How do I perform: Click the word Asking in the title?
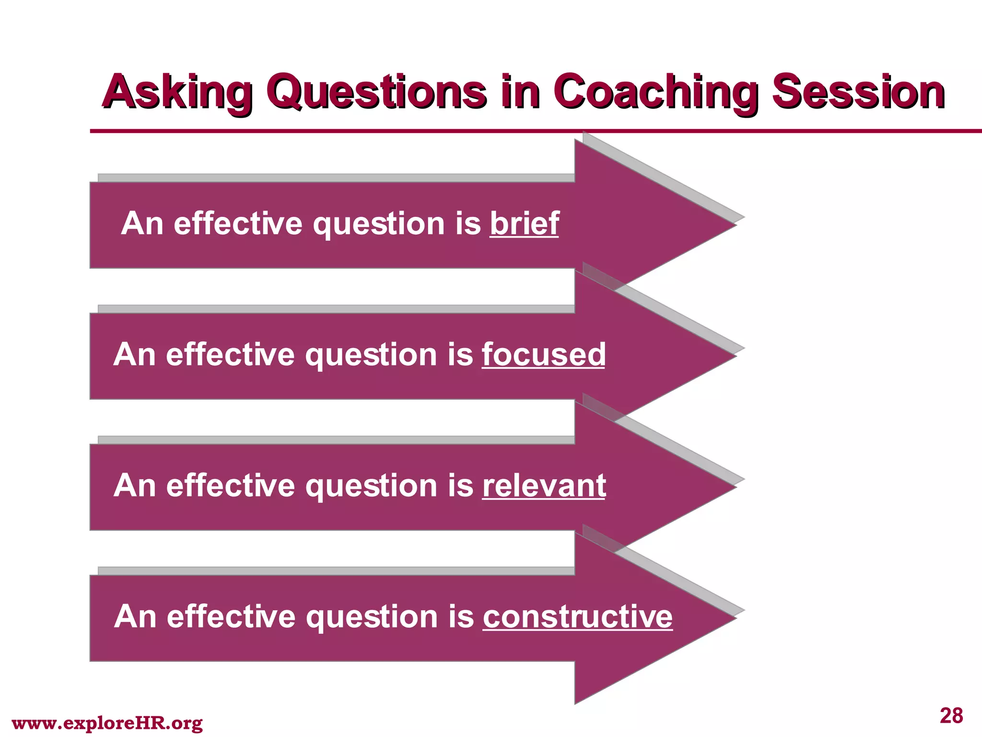click(176, 92)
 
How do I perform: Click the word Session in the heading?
click(858, 92)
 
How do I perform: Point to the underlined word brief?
click(524, 224)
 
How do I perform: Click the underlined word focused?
click(544, 355)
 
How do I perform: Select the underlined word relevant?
click(544, 486)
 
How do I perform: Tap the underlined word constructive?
click(577, 617)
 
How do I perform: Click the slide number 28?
click(951, 715)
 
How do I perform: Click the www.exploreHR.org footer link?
click(107, 723)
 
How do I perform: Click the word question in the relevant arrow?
click(372, 486)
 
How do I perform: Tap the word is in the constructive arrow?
click(461, 617)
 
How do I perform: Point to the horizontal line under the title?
click(527, 131)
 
